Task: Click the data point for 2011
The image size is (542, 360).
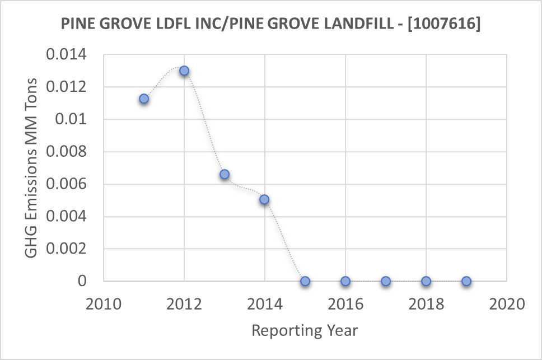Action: pos(144,99)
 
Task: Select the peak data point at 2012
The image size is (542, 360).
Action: pos(184,71)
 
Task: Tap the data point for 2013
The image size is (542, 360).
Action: pos(225,174)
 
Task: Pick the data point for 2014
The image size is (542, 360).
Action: pos(265,199)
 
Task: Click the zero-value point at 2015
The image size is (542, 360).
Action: pos(305,281)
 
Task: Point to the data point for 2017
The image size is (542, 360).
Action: pos(386,281)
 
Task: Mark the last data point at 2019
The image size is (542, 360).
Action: pos(466,281)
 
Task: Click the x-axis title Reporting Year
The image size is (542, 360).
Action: pos(305,330)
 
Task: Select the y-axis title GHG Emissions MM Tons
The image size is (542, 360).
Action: pos(33,168)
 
